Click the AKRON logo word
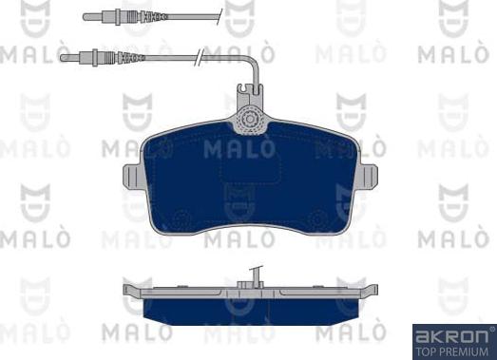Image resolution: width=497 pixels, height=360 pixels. (x=451, y=337)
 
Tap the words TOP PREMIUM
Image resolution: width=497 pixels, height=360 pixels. (x=452, y=351)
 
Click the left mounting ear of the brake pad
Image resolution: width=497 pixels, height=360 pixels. (x=132, y=177)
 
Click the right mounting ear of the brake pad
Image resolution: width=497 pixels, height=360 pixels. (x=369, y=177)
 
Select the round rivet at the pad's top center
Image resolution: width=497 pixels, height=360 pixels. (x=251, y=120)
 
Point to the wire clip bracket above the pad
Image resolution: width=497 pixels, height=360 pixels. (x=250, y=93)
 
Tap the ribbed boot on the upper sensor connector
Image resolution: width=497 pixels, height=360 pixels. (x=153, y=16)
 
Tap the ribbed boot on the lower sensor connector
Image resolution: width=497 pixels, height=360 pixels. (x=131, y=58)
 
